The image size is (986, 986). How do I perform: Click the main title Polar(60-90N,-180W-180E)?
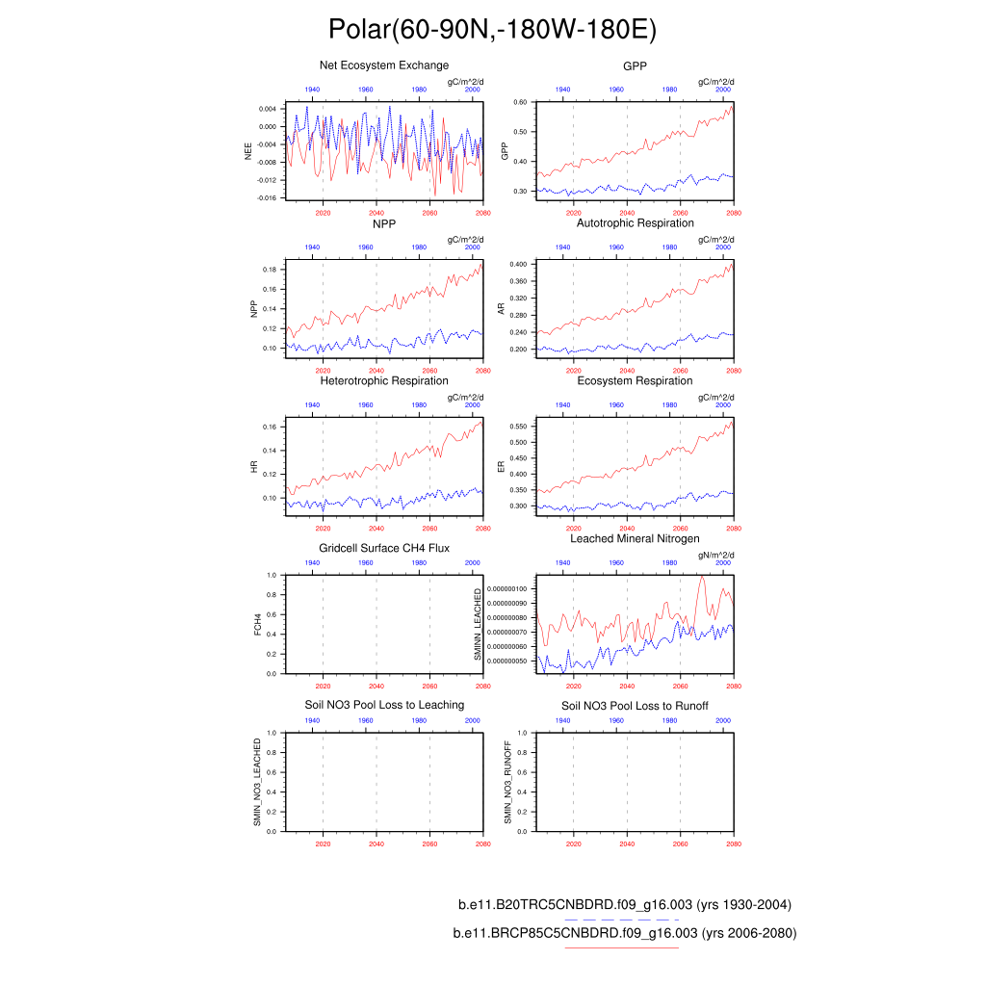pos(492,30)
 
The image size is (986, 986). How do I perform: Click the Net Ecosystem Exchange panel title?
pos(384,65)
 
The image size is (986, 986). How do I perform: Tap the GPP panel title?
pos(635,65)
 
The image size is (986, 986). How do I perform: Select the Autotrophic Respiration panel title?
pos(635,223)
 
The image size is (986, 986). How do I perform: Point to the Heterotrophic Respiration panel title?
pos(384,381)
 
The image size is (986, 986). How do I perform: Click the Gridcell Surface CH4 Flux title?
pos(384,549)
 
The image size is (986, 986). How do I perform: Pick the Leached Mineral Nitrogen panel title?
pos(635,538)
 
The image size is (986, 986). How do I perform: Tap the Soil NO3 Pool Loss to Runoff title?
pos(635,706)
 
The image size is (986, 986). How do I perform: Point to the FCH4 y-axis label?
pos(257,624)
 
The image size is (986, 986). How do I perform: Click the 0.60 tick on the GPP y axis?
pos(521,102)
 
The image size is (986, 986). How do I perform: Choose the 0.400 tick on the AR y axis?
pos(519,264)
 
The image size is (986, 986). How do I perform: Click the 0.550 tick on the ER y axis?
pos(519,426)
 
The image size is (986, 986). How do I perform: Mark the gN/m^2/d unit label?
pos(717,556)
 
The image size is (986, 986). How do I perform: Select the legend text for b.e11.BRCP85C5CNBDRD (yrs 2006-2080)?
pos(625,933)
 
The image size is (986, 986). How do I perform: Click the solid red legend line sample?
pos(621,947)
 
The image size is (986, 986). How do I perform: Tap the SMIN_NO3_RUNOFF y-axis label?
pos(508,782)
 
